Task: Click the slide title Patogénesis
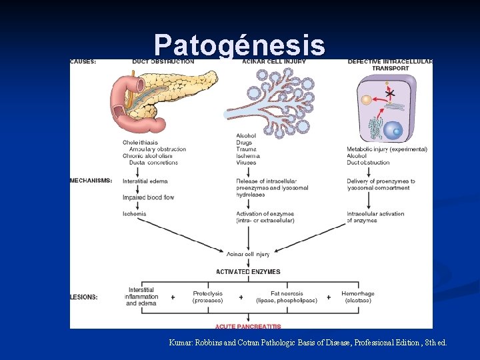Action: click(239, 45)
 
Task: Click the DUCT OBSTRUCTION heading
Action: click(163, 62)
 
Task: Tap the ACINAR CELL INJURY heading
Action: click(274, 62)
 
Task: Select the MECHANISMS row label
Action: click(91, 181)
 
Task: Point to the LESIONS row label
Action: click(84, 297)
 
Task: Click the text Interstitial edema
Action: click(145, 181)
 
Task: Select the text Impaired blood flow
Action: click(148, 197)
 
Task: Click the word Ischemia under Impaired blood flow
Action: click(134, 214)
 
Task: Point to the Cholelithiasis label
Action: click(141, 142)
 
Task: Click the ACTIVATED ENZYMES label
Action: click(248, 272)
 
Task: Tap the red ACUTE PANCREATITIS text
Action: click(248, 327)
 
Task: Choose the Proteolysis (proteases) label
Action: click(207, 297)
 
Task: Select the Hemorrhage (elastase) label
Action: click(357, 297)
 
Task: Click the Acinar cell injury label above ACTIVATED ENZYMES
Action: click(247, 254)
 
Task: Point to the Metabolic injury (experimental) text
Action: click(387, 149)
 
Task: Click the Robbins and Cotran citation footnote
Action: click(308, 342)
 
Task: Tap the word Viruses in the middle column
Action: click(246, 163)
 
